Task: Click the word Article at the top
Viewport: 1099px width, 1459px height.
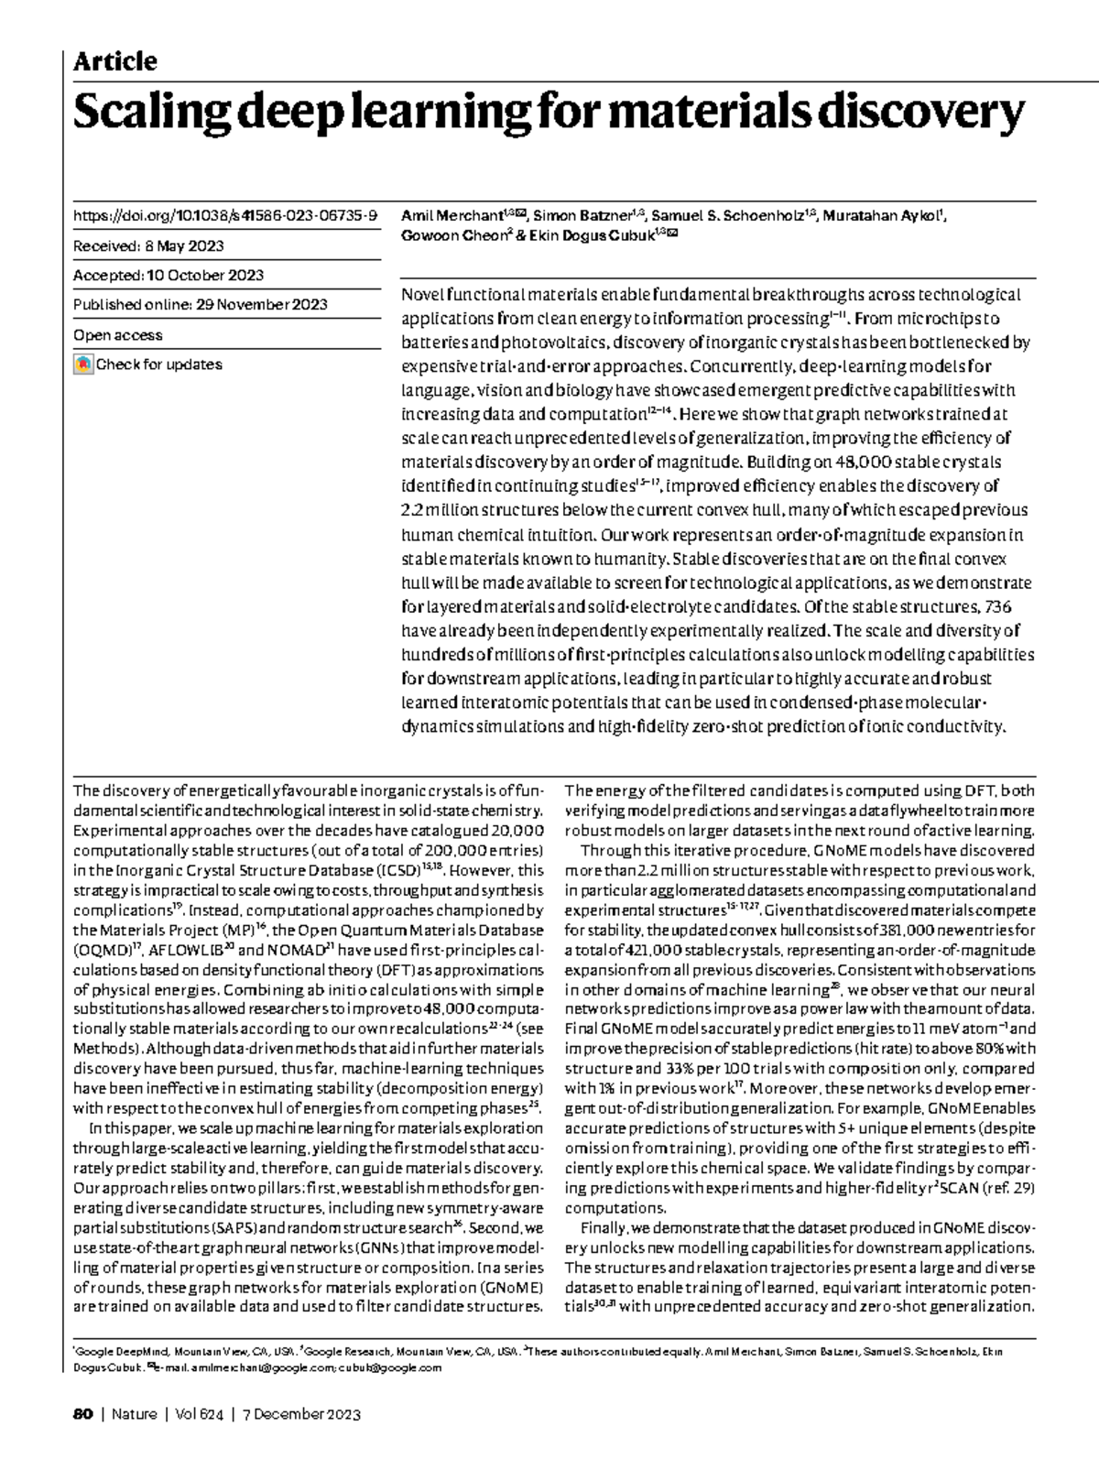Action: point(114,61)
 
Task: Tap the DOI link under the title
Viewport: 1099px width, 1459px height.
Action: point(225,216)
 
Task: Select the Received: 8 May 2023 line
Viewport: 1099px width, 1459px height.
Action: point(148,245)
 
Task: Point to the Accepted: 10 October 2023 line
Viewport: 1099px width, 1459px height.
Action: point(169,275)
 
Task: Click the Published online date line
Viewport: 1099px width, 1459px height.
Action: point(201,305)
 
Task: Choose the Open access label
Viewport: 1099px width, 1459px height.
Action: point(118,335)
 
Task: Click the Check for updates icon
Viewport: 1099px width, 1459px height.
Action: point(83,365)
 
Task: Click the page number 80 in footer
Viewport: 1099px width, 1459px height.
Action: point(82,1414)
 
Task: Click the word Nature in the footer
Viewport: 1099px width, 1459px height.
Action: point(135,1414)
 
